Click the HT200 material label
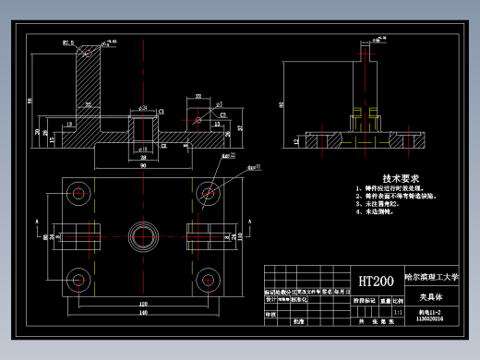pyautogui.click(x=376, y=281)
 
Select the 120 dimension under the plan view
pyautogui.click(x=143, y=303)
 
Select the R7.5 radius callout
pyautogui.click(x=68, y=42)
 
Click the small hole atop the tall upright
pyautogui.click(x=90, y=53)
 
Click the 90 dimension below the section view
pyautogui.click(x=143, y=167)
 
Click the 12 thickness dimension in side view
pyautogui.click(x=295, y=141)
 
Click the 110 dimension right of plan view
pyautogui.click(x=238, y=236)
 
